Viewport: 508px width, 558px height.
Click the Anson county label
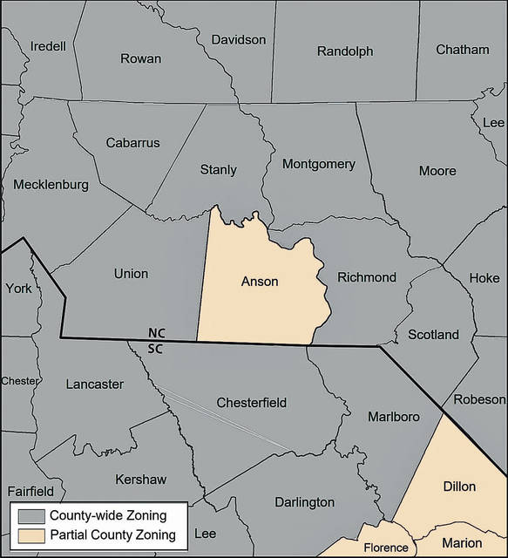point(260,282)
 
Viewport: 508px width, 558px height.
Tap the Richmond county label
point(367,278)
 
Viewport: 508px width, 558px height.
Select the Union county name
point(131,274)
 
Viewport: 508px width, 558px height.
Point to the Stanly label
point(218,169)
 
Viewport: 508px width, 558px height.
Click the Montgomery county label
point(319,164)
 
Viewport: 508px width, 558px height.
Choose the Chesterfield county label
point(251,403)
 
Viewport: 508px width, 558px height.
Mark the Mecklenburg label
point(51,185)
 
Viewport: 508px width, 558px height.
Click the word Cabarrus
point(132,142)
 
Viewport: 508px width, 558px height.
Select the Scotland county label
point(433,335)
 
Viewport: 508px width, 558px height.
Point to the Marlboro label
point(393,417)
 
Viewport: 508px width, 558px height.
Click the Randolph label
point(345,51)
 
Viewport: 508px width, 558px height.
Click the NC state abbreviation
point(157,333)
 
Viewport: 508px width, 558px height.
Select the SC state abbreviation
point(157,348)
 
